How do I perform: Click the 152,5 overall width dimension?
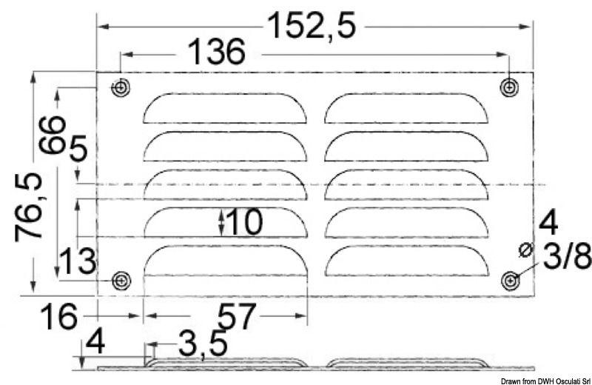pyautogui.click(x=311, y=26)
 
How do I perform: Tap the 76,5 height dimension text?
pyautogui.click(x=30, y=207)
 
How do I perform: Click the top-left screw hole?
pyautogui.click(x=120, y=87)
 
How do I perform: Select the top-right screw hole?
pyautogui.click(x=509, y=87)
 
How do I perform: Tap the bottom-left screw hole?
pyautogui.click(x=120, y=281)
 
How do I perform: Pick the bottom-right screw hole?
pyautogui.click(x=510, y=281)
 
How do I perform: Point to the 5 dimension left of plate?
pyautogui.click(x=78, y=152)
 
